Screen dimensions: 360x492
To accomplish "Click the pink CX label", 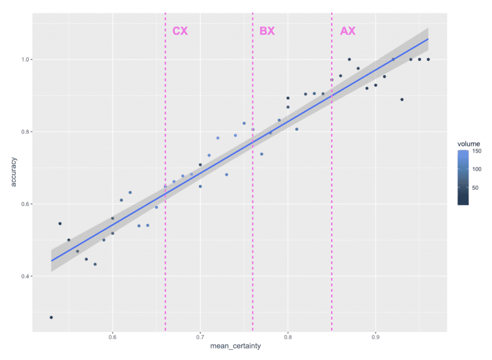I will click(180, 31).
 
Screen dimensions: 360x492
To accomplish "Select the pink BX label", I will click(267, 31).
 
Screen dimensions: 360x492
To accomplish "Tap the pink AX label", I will click(348, 31).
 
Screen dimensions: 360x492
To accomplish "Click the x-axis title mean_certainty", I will click(239, 346).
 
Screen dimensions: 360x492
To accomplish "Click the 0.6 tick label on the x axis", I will click(112, 336).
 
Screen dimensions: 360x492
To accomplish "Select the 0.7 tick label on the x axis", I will click(200, 336).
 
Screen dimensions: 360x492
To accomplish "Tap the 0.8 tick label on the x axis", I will click(288, 336).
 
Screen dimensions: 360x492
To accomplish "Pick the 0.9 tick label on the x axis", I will click(376, 336).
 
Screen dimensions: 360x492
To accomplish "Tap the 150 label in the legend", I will click(478, 151).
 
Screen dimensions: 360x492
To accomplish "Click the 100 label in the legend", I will click(478, 169).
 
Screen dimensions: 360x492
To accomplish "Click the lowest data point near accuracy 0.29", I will click(51, 317).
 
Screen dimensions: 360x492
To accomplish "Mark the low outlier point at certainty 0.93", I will click(402, 99).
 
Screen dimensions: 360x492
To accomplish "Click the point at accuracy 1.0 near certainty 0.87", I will click(349, 60).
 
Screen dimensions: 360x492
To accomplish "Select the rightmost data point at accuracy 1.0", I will click(428, 60).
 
